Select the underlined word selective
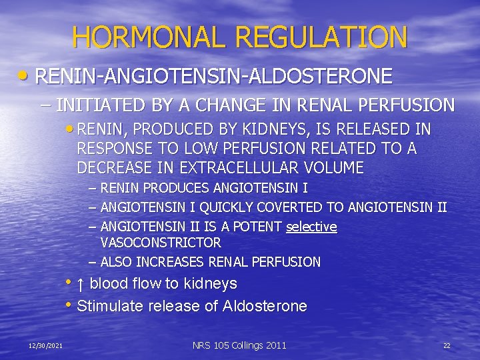pos(311,227)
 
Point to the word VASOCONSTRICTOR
pos(161,243)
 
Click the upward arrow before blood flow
pos(80,284)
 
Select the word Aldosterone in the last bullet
pos(265,307)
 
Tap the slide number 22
pos(447,345)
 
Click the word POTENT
pos(258,227)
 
